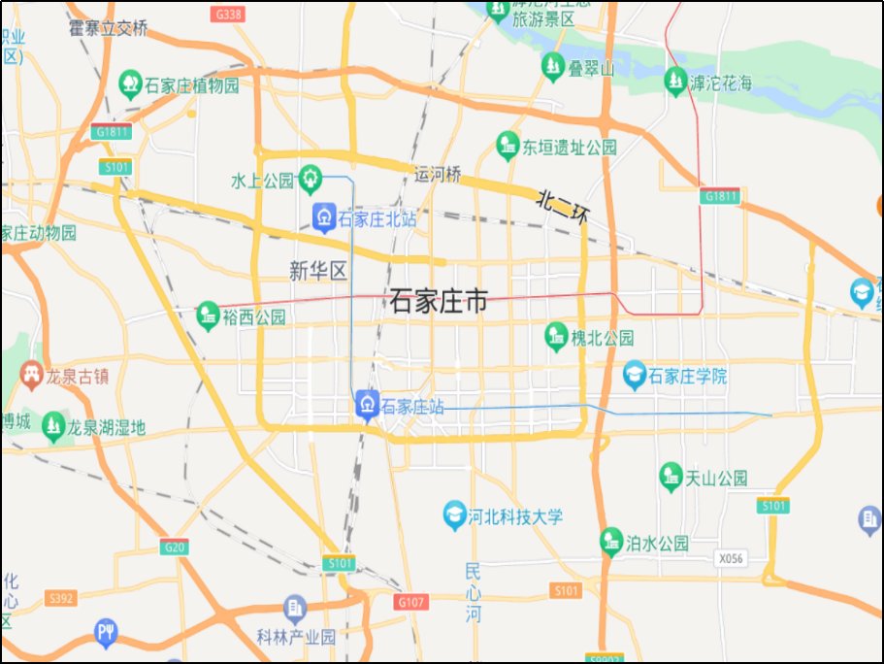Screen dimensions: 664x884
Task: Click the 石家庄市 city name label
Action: tap(438, 302)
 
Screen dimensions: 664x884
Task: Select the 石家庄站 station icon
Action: tap(368, 404)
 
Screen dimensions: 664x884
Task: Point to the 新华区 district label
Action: tap(317, 271)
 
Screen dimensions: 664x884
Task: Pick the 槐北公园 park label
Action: tap(602, 338)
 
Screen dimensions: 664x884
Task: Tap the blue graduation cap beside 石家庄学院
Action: tap(635, 375)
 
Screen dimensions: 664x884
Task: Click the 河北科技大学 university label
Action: tap(515, 516)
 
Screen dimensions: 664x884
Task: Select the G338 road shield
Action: tap(230, 15)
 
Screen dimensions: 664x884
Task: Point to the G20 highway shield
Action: tap(175, 547)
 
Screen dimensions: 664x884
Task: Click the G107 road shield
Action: tap(411, 602)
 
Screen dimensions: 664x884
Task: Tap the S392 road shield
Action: tap(60, 598)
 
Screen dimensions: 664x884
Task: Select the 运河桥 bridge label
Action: tap(438, 176)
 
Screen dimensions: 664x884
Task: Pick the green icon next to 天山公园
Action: tap(671, 477)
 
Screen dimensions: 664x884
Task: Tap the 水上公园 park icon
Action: tap(311, 178)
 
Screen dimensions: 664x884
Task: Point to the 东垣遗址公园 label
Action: tap(570, 148)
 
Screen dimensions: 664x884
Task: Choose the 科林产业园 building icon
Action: tap(295, 609)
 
